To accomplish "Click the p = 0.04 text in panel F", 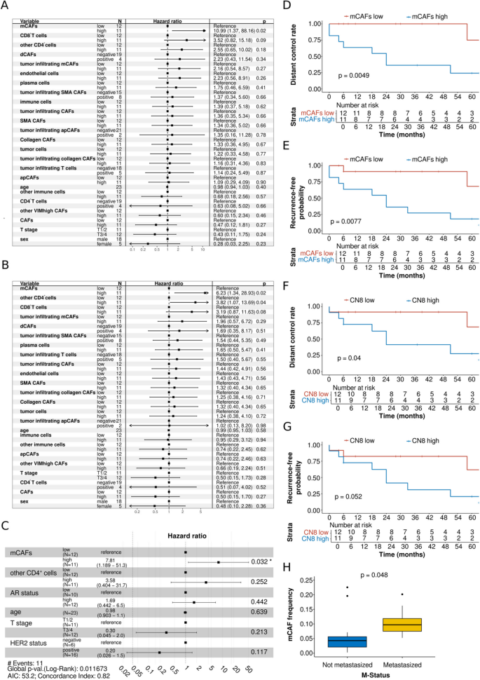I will (353, 358).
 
